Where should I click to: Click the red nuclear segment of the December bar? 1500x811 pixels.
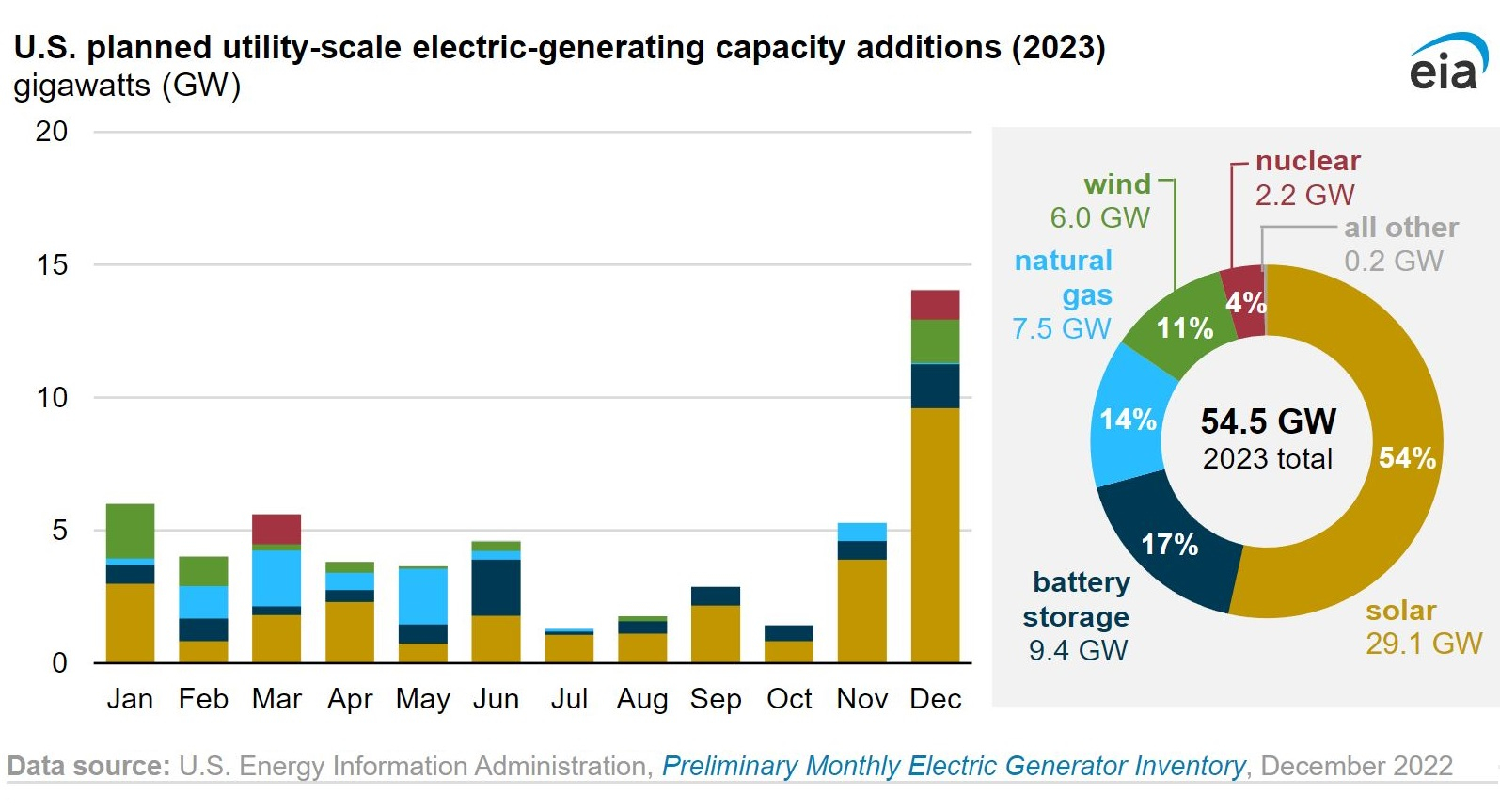point(935,305)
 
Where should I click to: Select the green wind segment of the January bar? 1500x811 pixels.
point(130,531)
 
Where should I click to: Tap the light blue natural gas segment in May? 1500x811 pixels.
point(422,596)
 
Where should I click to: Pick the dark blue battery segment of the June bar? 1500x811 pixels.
point(496,587)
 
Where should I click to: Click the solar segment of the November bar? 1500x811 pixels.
point(861,611)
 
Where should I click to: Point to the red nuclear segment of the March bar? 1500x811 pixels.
point(276,529)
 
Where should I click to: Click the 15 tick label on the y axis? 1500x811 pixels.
point(52,264)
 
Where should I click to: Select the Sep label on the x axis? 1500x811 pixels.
point(716,699)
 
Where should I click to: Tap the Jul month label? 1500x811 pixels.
point(569,699)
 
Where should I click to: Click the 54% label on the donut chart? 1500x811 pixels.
point(1407,458)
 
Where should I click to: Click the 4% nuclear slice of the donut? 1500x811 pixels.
point(1244,301)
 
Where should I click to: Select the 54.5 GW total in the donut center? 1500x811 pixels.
point(1269,421)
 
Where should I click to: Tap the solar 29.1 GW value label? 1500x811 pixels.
point(1424,644)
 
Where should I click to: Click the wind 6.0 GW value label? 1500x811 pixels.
point(1099,217)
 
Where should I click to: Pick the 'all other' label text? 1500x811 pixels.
point(1401,228)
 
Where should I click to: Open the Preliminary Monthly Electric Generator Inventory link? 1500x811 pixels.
point(954,766)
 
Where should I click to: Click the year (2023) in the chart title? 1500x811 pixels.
point(1059,48)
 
